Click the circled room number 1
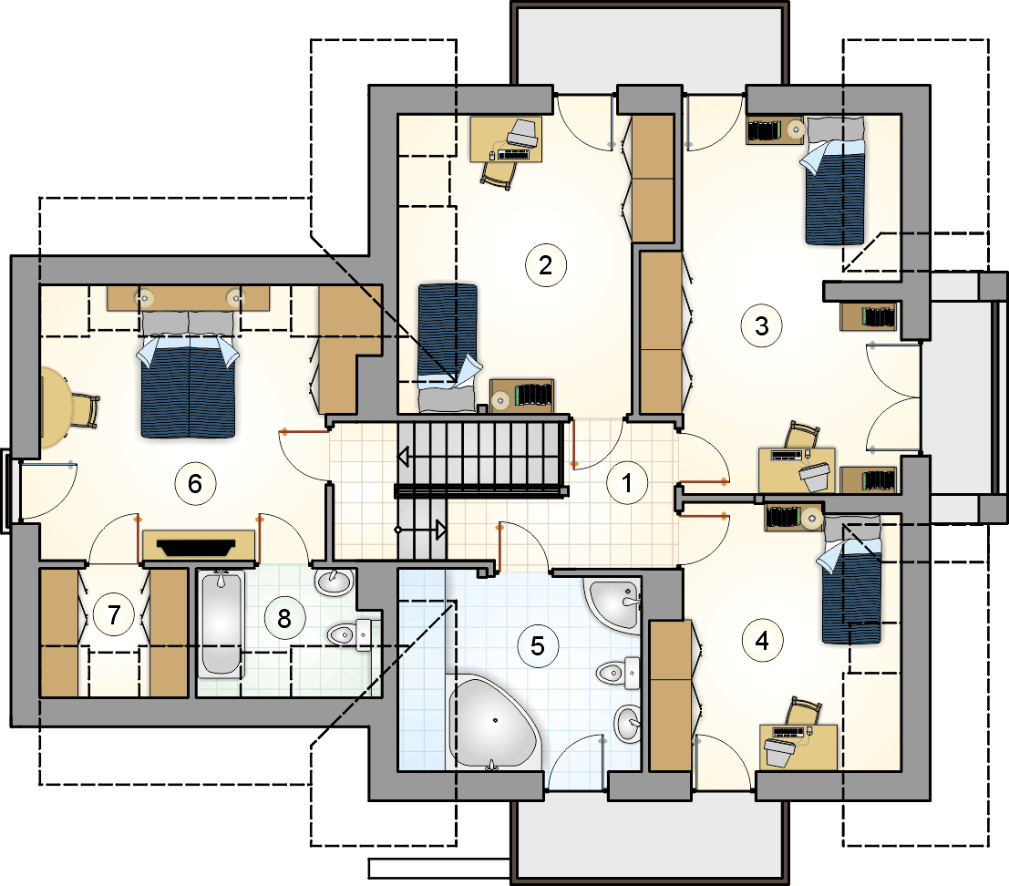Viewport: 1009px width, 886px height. pyautogui.click(x=627, y=482)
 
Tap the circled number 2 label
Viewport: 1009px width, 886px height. pyautogui.click(x=546, y=265)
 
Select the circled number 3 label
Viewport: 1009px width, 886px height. pyautogui.click(x=762, y=325)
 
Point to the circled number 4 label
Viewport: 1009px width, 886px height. pyautogui.click(x=763, y=641)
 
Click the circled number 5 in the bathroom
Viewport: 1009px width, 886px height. pyautogui.click(x=538, y=646)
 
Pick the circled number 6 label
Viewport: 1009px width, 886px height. pyautogui.click(x=195, y=483)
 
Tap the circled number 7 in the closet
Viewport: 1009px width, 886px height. pyautogui.click(x=114, y=614)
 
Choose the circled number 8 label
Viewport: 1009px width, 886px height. pyautogui.click(x=284, y=618)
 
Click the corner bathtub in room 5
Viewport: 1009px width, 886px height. pyautogui.click(x=492, y=721)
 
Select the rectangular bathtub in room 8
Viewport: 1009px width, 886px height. pyautogui.click(x=221, y=623)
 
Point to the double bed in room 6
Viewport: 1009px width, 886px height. pyautogui.click(x=187, y=375)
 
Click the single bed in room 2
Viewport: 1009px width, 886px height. pyautogui.click(x=448, y=347)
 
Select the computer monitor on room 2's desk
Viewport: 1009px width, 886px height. pyautogui.click(x=522, y=132)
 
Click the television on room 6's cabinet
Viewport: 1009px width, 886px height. pyautogui.click(x=197, y=548)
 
